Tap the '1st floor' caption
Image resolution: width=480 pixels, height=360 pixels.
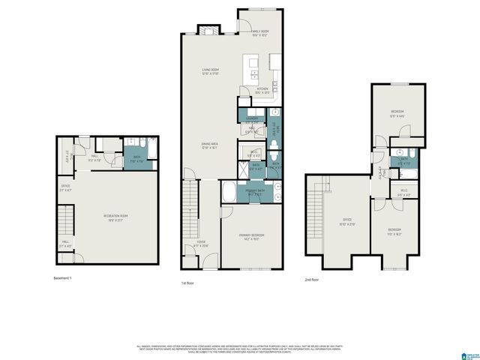(x=188, y=283)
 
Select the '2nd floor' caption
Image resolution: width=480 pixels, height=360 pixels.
(x=313, y=280)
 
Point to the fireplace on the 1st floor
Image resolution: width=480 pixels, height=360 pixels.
(x=208, y=31)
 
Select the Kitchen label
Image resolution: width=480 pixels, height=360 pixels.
(x=262, y=91)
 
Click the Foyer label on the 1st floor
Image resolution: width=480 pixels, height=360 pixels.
(x=202, y=243)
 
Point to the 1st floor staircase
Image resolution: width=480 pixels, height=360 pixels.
(x=190, y=217)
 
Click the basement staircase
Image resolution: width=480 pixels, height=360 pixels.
(x=67, y=223)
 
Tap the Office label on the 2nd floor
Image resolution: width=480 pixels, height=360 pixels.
(x=347, y=222)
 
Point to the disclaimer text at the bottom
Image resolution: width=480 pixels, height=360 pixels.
(x=240, y=349)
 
